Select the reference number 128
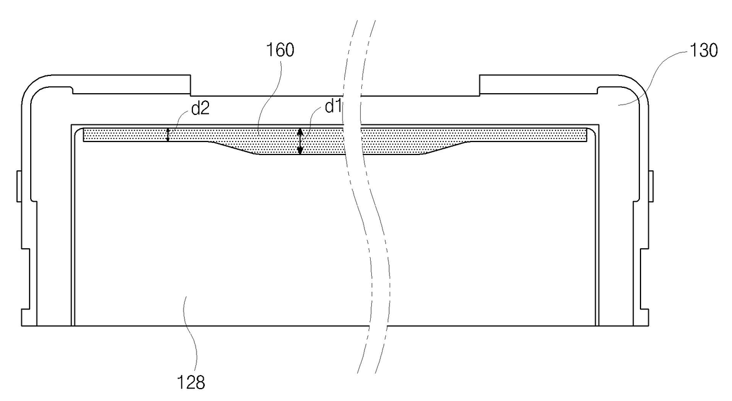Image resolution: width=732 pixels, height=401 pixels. (190, 383)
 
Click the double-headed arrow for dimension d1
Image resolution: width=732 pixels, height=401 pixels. (300, 142)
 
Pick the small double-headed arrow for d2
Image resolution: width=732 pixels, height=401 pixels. (168, 135)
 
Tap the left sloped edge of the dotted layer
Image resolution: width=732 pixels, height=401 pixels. (233, 148)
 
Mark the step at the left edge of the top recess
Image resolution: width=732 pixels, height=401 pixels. (190, 86)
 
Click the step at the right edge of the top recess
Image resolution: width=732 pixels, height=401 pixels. (480, 86)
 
